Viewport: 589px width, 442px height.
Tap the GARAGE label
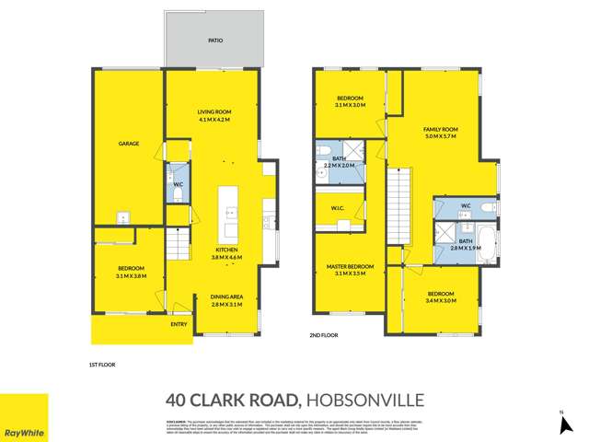tap(128, 144)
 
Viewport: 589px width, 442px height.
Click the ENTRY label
tap(179, 324)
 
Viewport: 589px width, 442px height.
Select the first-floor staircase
tap(178, 247)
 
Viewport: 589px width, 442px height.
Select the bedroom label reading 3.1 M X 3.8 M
tap(128, 271)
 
